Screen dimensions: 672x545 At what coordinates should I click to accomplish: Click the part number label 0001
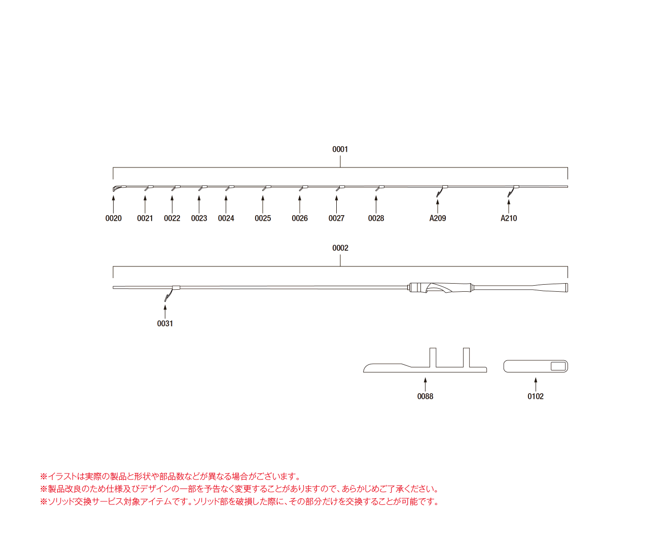pos(340,149)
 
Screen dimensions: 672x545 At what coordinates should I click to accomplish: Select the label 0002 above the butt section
pos(340,248)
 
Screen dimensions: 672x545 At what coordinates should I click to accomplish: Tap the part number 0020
pos(113,218)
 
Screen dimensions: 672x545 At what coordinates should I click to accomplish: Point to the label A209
pos(438,218)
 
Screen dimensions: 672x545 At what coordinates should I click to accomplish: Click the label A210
pos(509,218)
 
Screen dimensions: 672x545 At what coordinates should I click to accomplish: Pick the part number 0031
pos(165,324)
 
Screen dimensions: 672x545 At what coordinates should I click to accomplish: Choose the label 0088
pos(426,396)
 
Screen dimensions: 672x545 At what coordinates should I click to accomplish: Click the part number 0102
pos(536,396)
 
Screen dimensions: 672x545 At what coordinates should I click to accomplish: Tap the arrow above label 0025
pos(263,205)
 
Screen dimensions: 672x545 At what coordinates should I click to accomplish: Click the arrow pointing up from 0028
pos(376,205)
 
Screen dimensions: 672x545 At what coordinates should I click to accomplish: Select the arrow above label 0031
pos(165,312)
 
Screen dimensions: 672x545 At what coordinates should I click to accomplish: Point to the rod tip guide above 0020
pos(119,188)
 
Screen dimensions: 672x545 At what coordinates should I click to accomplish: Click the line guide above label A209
pos(441,191)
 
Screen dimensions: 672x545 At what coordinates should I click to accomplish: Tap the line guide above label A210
pos(512,191)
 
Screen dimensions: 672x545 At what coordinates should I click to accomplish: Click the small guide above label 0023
pos(202,188)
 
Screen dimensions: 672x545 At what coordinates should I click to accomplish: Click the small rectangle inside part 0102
pos(558,366)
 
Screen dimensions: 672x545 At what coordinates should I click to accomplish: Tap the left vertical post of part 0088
pos(433,358)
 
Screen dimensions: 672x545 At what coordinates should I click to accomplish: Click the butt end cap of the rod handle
pos(567,288)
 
